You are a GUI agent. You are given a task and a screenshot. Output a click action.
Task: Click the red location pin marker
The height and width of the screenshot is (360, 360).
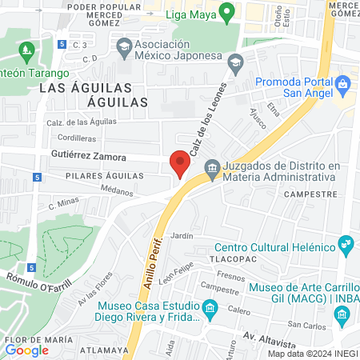pyautogui.click(x=180, y=164)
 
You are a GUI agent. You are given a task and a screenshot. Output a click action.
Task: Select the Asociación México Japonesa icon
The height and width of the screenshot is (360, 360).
pyautogui.click(x=123, y=50)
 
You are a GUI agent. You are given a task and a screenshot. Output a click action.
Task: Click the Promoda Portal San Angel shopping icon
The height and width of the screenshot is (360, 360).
pyautogui.click(x=343, y=83)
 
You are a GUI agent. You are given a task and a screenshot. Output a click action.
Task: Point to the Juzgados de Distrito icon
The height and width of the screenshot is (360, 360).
pyautogui.click(x=211, y=167)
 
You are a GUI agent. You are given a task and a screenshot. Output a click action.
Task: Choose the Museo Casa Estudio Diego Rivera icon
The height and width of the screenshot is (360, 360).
pyautogui.click(x=210, y=307)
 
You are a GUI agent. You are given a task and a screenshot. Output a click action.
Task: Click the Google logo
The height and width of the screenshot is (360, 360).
pyautogui.click(x=26, y=350)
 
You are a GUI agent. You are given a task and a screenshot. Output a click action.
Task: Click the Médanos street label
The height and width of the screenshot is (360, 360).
pyautogui.click(x=118, y=190)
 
